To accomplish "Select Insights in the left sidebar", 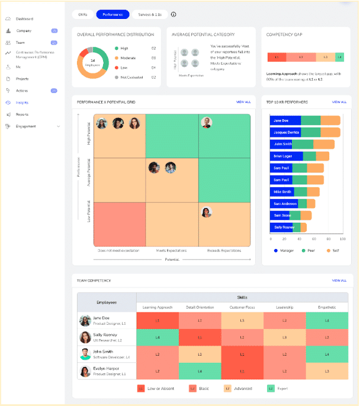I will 22,103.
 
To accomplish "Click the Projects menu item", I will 22,79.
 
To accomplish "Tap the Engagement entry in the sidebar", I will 26,126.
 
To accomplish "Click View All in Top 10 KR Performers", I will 339,102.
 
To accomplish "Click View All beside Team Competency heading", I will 339,280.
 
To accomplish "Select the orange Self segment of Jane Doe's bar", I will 330,120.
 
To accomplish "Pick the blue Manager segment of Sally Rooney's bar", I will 282,227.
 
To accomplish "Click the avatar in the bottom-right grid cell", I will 206,212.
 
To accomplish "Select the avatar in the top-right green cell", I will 206,123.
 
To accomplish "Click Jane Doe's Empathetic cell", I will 327,321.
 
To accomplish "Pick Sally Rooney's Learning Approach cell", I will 157,338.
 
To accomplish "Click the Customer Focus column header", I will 242,307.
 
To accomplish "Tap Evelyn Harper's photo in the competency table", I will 85,372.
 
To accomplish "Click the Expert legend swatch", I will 271,389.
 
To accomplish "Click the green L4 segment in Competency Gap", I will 339,57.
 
